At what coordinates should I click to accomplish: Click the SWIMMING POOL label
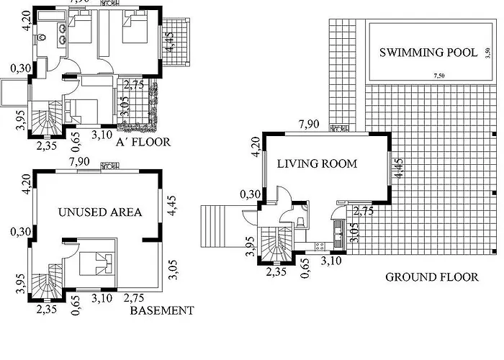click(x=428, y=53)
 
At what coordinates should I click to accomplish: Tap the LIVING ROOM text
click(x=318, y=163)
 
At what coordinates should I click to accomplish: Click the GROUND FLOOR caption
click(x=431, y=276)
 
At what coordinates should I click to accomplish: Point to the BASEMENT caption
click(x=162, y=311)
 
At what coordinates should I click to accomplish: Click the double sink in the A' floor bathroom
click(x=62, y=30)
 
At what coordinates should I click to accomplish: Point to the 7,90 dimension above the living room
click(x=309, y=125)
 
